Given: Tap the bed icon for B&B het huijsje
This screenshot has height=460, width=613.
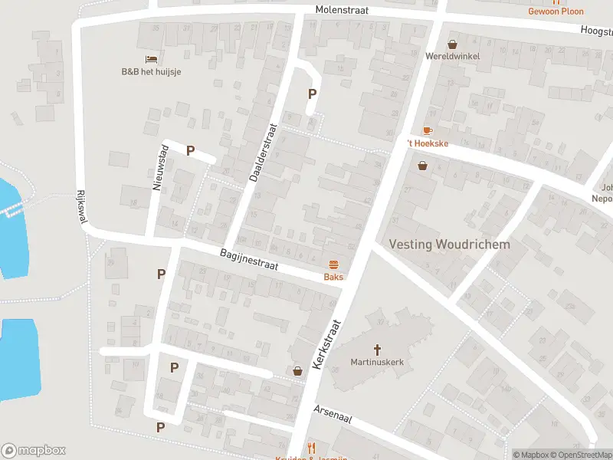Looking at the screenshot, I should (x=151, y=59).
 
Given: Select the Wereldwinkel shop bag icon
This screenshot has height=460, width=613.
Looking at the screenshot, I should (x=452, y=44).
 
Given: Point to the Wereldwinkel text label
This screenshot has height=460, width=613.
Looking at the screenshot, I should (x=452, y=56).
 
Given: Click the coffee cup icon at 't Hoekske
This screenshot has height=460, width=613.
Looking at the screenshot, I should (x=427, y=131).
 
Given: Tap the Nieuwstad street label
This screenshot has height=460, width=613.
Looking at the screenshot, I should (x=159, y=166).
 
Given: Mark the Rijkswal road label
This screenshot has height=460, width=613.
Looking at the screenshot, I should (x=81, y=207).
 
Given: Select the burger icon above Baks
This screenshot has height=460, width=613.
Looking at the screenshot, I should (x=333, y=264).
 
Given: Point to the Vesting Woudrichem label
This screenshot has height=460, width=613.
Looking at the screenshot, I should (x=449, y=244).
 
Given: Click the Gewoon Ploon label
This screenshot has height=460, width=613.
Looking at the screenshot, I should (x=556, y=11).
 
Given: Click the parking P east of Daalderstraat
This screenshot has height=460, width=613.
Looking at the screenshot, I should (x=312, y=94).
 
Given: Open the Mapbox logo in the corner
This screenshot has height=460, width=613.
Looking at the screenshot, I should (x=34, y=451).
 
